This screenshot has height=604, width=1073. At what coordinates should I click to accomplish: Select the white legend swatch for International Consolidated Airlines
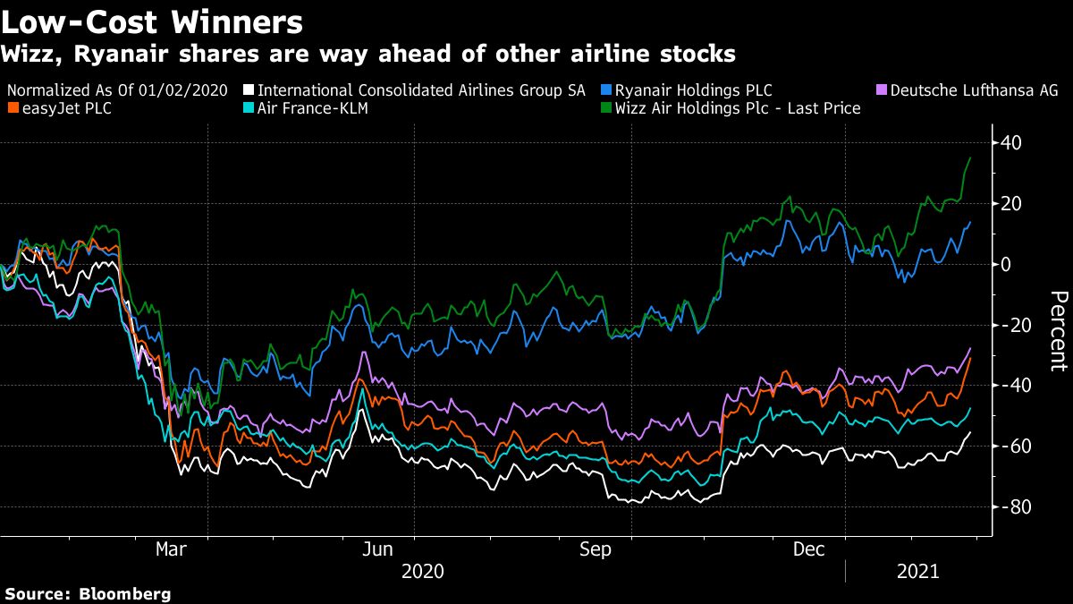tap(249, 90)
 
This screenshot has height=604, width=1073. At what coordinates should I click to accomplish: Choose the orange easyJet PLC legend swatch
tap(11, 108)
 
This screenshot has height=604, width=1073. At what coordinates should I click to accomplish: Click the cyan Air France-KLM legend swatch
tap(249, 108)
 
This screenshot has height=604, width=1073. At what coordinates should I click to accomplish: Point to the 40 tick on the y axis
tap(1011, 143)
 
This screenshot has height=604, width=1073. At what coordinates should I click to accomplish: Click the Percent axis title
tap(1057, 330)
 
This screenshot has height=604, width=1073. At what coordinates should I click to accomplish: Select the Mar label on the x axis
tap(171, 549)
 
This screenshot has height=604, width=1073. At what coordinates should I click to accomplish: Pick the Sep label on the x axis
tap(595, 549)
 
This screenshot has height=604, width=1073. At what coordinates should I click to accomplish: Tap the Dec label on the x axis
tap(809, 549)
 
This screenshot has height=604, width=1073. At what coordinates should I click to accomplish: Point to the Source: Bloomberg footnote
tap(88, 593)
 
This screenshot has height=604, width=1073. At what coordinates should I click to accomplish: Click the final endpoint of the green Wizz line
tap(971, 158)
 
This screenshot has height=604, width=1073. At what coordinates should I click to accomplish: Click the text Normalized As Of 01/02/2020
tap(117, 90)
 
